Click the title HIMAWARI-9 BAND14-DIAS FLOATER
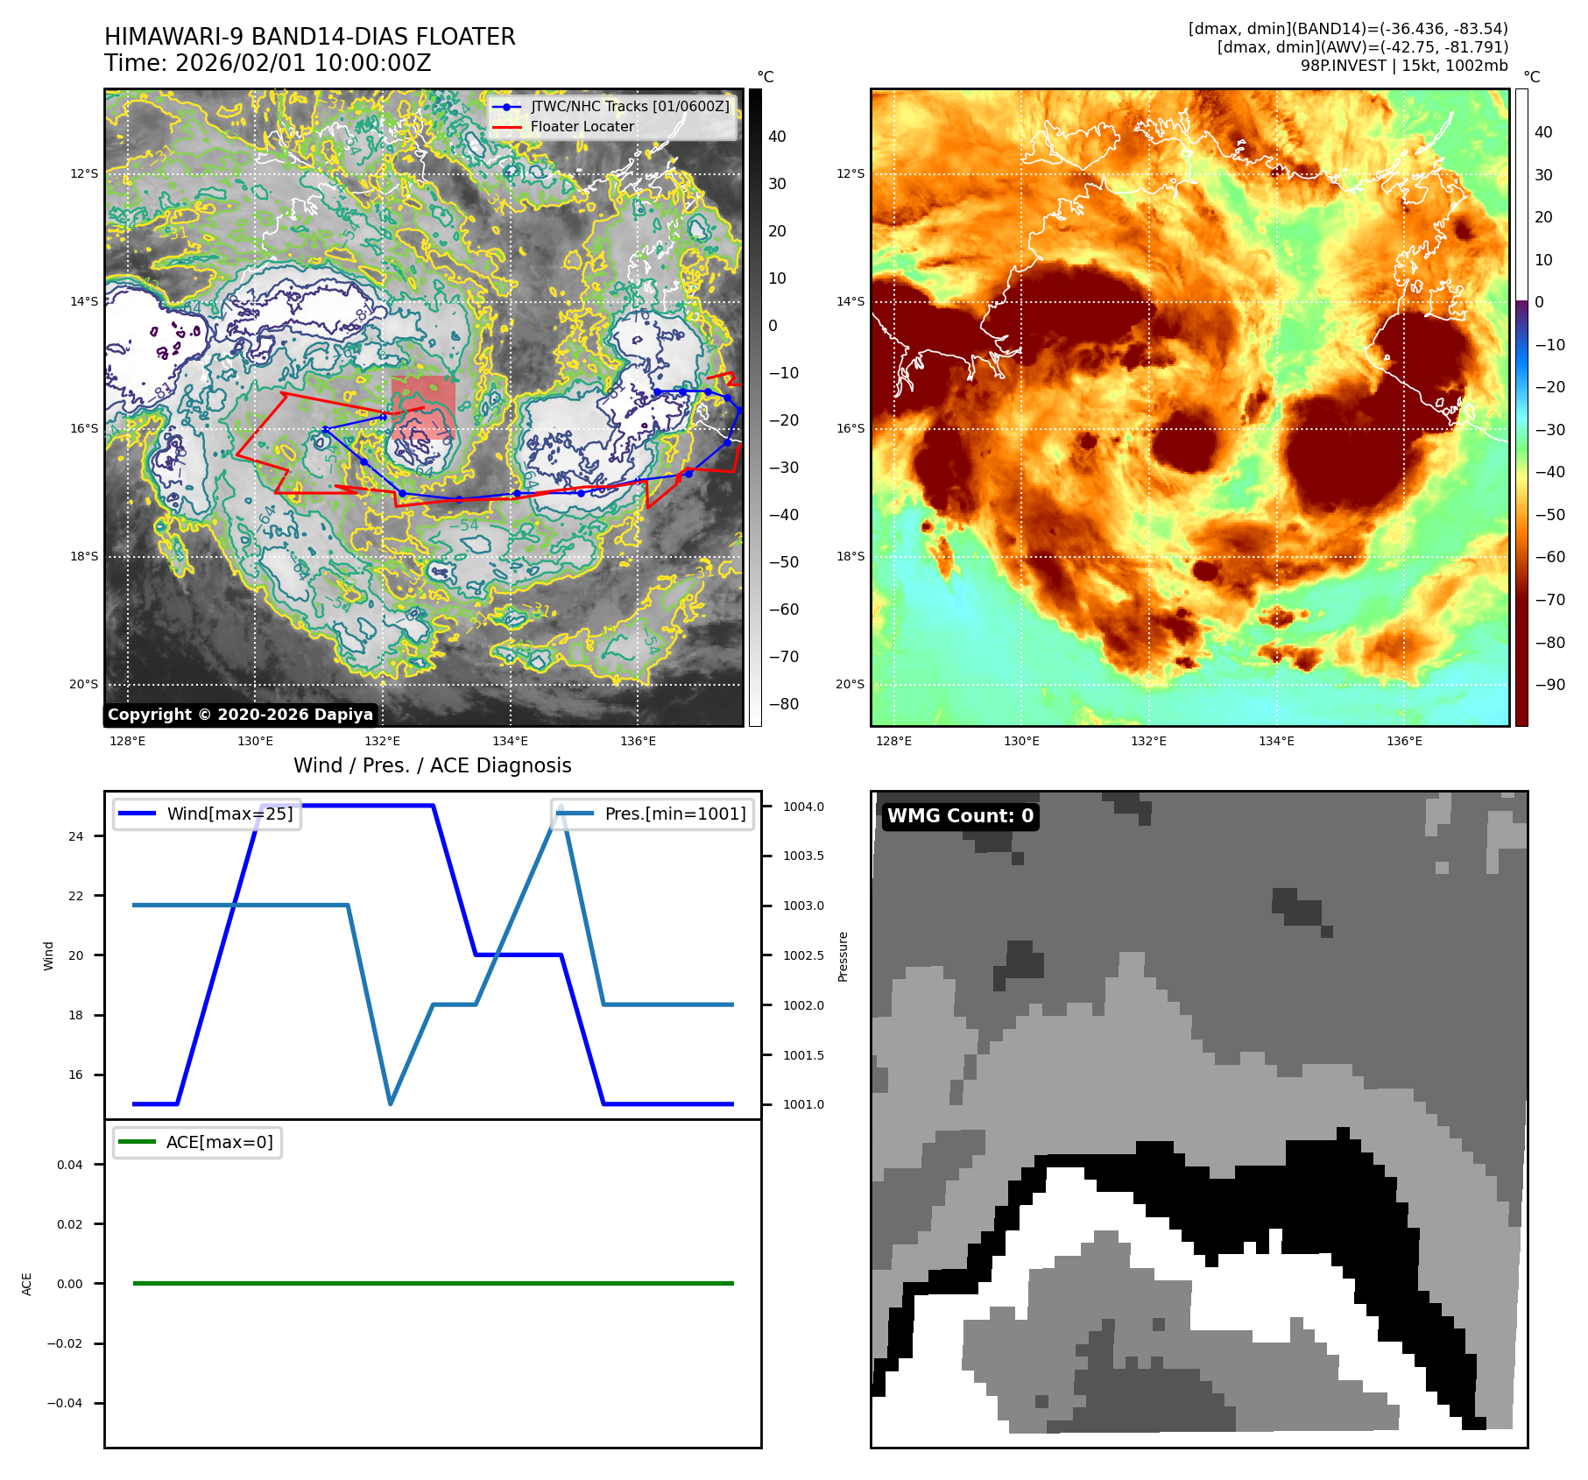click(x=309, y=37)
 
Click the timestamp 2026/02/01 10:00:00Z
click(x=302, y=64)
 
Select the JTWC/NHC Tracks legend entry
click(x=629, y=106)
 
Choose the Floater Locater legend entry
click(x=582, y=127)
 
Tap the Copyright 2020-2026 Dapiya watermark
click(x=240, y=715)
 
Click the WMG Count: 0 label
click(x=960, y=816)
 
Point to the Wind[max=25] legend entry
click(x=229, y=814)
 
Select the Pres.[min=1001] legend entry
click(x=674, y=814)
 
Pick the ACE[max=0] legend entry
click(x=219, y=1142)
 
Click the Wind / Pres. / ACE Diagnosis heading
click(x=432, y=765)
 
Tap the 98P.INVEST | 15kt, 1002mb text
click(x=1404, y=66)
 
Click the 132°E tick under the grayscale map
click(x=383, y=742)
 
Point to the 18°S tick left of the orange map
click(x=850, y=556)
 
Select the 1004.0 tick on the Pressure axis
click(x=803, y=807)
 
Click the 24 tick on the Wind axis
click(x=76, y=836)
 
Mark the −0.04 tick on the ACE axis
click(x=65, y=1403)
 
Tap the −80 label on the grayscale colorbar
click(x=783, y=704)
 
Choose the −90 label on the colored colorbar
click(x=1549, y=685)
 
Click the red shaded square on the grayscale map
click(x=423, y=407)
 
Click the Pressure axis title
click(x=843, y=956)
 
